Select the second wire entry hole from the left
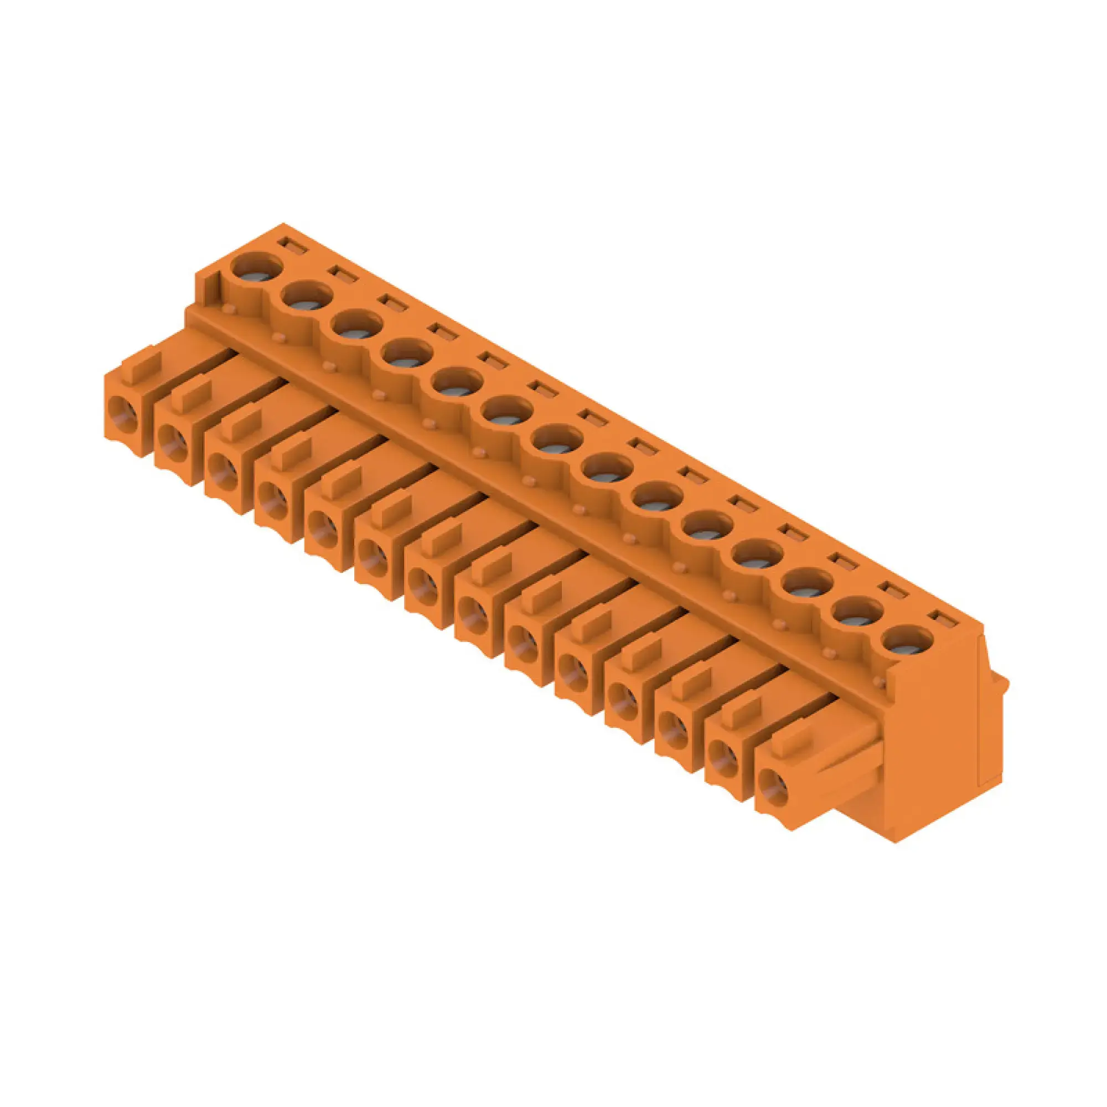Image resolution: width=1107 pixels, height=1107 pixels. [173, 444]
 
